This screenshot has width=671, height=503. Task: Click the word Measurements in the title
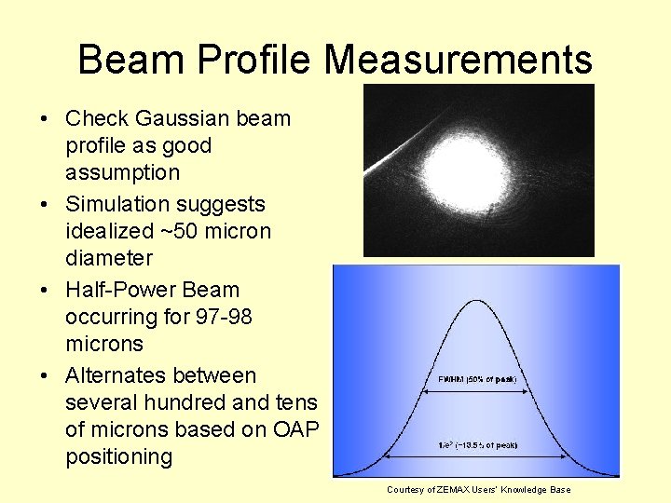(458, 61)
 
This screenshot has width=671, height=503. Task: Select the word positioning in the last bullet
(118, 456)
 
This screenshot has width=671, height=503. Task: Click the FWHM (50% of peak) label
(477, 380)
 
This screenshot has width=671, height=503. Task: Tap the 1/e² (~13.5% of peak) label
(477, 446)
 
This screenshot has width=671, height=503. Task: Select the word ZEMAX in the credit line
(454, 490)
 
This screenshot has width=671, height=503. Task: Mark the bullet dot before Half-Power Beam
(44, 291)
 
